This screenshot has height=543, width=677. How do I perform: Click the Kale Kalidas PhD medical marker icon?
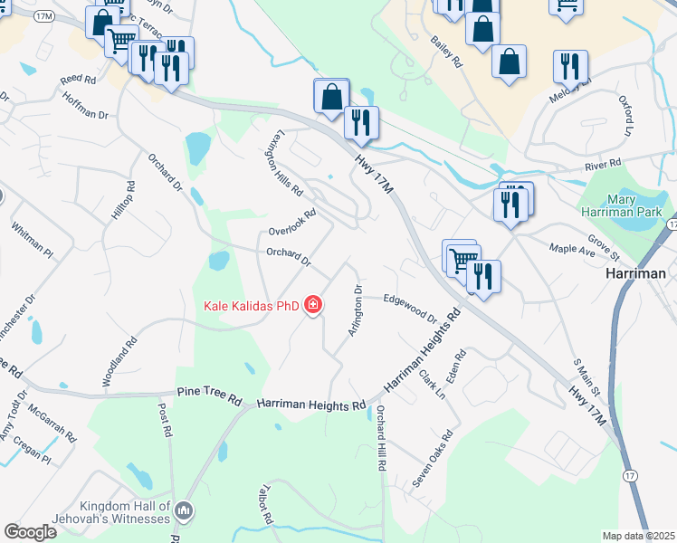pos(313,305)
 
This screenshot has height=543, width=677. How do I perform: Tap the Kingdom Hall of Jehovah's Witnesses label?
pos(124,512)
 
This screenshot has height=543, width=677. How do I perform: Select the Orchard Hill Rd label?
pos(381,439)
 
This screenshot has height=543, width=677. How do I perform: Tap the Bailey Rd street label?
pos(447,52)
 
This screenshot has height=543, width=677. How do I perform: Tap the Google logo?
pos(30,532)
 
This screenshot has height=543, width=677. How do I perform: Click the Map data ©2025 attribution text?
pos(638,537)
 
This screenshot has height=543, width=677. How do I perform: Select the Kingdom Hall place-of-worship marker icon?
pos(185,512)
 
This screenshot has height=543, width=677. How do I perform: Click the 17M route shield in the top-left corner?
pos(43,17)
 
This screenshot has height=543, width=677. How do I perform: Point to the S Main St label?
pos(588,376)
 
